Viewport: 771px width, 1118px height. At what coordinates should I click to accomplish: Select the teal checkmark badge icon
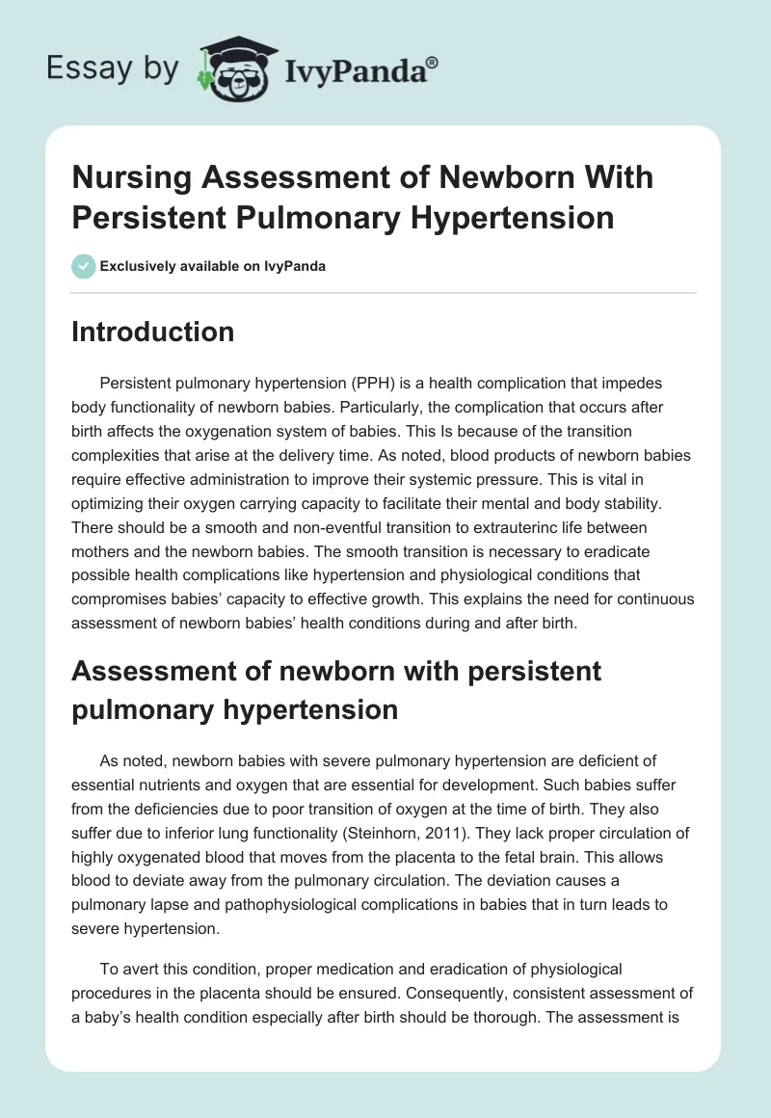84,266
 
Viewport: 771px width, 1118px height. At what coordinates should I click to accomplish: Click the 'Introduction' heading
153,332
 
